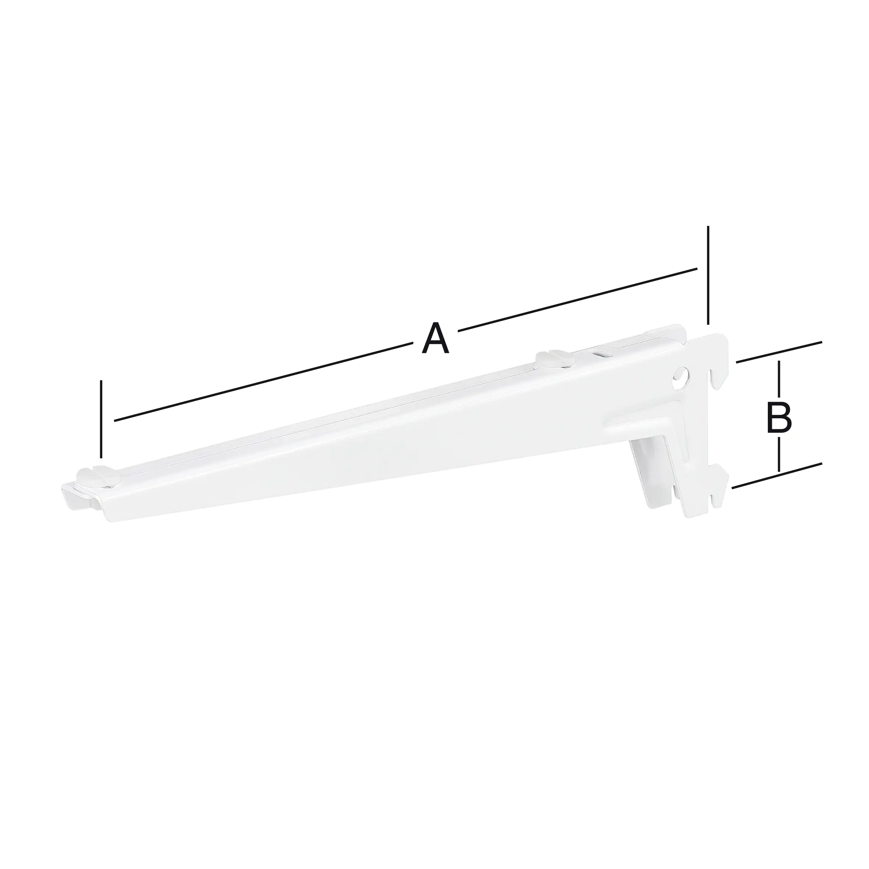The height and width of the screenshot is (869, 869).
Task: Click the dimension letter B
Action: click(779, 418)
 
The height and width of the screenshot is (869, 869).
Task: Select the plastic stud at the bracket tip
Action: click(97, 477)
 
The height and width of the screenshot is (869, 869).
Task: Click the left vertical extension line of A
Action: click(102, 418)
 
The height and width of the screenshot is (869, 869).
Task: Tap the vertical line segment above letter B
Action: click(779, 380)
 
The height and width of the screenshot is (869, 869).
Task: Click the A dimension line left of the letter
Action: click(263, 382)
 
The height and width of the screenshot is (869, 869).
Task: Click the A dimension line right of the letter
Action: click(578, 299)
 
